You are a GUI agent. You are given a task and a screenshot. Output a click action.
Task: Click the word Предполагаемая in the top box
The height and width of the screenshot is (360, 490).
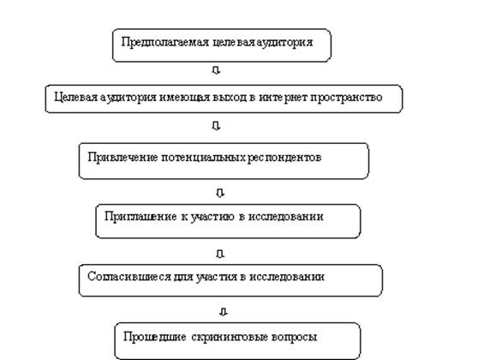[165, 43]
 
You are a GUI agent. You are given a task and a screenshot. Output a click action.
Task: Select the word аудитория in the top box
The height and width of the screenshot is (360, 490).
[284, 43]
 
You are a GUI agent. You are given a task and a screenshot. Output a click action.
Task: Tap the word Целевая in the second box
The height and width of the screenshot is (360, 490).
[76, 97]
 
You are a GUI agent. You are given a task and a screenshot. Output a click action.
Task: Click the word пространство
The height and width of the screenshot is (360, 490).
[346, 98]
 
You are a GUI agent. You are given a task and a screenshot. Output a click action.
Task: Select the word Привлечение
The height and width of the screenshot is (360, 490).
[122, 157]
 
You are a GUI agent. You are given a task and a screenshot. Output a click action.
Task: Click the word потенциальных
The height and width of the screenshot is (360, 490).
[204, 158]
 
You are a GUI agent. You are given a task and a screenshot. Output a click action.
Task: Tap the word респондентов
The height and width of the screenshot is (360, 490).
[284, 158]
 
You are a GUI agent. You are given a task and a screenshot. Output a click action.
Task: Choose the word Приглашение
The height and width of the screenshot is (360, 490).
[140, 217]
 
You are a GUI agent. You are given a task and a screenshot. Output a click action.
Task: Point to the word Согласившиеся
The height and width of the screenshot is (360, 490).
[129, 277]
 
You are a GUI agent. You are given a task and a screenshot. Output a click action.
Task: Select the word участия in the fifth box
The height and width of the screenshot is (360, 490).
[217, 277]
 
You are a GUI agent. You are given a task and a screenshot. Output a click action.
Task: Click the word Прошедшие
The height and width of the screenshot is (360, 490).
[155, 337]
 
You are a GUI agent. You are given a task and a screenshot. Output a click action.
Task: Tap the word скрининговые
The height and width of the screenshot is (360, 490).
[230, 337]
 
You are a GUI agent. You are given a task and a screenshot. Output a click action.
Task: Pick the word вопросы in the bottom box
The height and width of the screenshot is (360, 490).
[295, 337]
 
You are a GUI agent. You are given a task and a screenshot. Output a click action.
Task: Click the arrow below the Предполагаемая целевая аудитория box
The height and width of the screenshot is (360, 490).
[216, 70]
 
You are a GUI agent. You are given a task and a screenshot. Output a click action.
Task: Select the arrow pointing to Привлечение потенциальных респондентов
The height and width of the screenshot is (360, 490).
[216, 126]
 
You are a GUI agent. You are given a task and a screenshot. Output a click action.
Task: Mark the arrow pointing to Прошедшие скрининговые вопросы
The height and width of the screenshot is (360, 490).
[224, 312]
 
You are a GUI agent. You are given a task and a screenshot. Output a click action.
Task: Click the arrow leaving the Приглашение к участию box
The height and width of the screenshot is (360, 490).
[220, 254]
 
